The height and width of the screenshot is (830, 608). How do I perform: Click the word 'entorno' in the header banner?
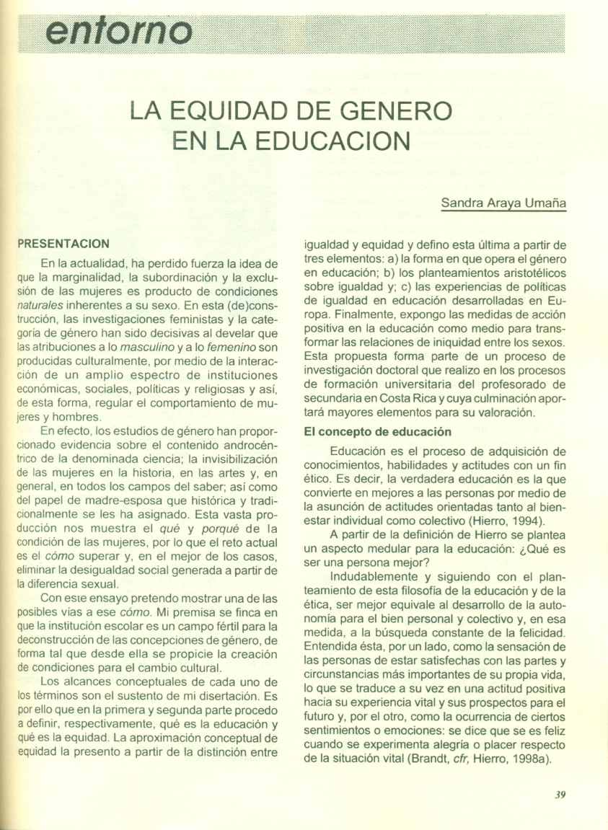point(118,31)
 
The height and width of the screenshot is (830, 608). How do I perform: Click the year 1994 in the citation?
point(524,521)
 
